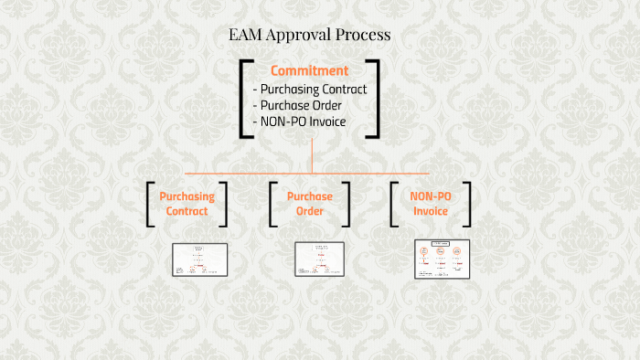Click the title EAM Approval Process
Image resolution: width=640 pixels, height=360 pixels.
point(310,36)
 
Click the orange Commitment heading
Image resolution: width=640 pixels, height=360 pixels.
point(309,70)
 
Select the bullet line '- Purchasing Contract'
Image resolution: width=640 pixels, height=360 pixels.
point(310,90)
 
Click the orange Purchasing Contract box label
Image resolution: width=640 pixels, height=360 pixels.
point(187,204)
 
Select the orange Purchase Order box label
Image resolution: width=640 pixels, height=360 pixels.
point(310,204)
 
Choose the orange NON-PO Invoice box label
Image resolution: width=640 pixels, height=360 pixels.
point(430,204)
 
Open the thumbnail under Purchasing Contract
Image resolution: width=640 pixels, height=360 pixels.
point(199,259)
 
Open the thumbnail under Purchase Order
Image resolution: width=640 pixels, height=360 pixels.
point(319,259)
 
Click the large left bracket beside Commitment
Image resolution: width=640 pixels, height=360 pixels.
point(244,98)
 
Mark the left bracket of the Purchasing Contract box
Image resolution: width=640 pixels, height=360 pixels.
point(150,204)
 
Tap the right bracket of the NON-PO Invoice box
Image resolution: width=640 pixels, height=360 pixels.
point(467,204)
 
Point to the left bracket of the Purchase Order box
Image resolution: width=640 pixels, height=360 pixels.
point(272,204)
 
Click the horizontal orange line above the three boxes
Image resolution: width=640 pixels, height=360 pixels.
point(238,173)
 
